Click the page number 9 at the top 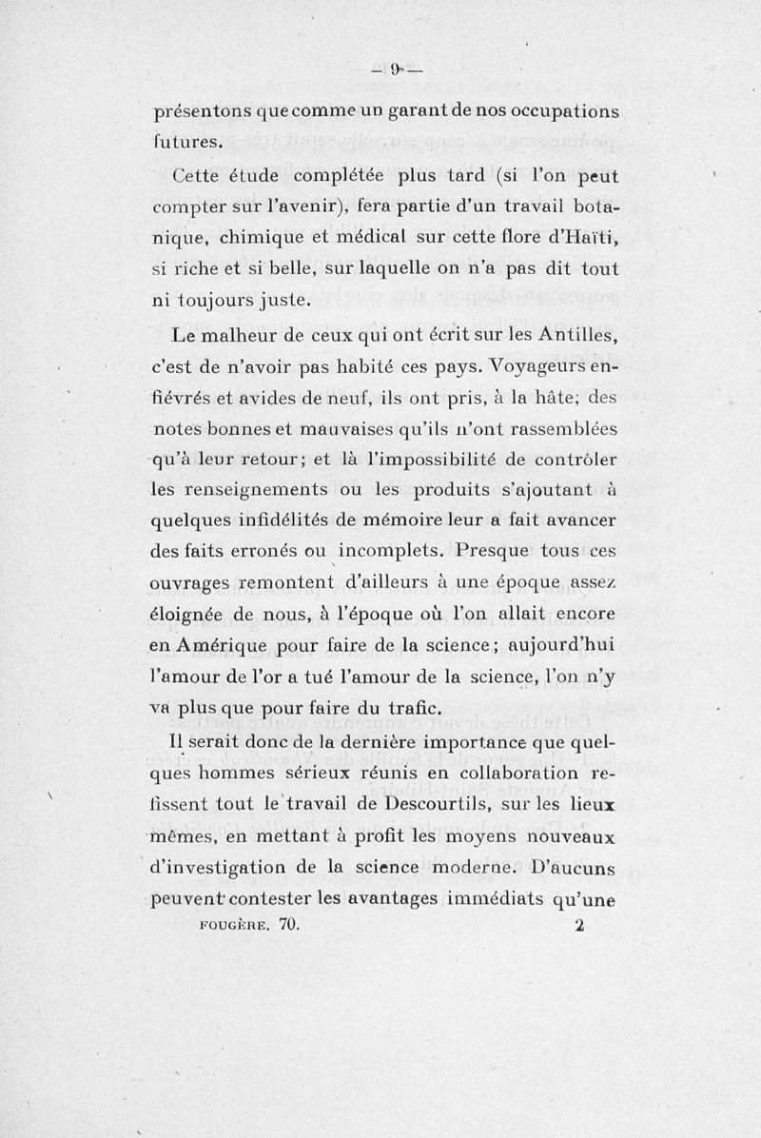click(x=394, y=70)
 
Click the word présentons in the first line click(x=201, y=112)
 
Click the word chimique click(x=257, y=238)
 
